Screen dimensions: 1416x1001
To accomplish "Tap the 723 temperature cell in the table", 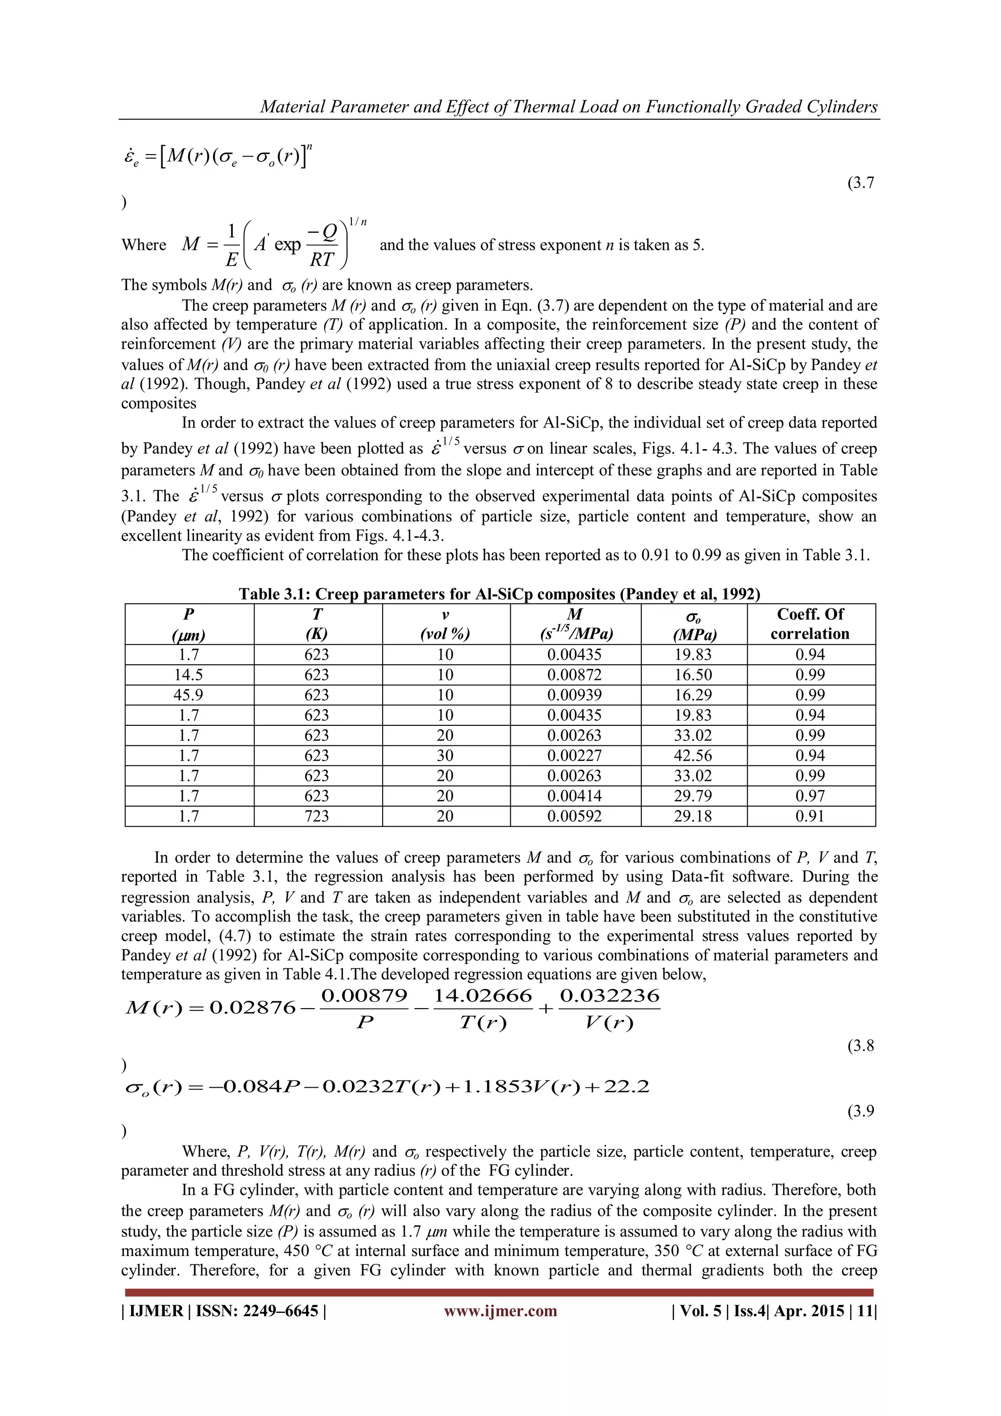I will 317,816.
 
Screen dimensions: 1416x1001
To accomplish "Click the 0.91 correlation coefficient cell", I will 810,816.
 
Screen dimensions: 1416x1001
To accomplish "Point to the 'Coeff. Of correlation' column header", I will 810,624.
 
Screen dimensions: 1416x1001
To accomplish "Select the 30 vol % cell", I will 445,756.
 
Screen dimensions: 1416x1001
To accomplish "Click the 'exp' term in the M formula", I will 287,245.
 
